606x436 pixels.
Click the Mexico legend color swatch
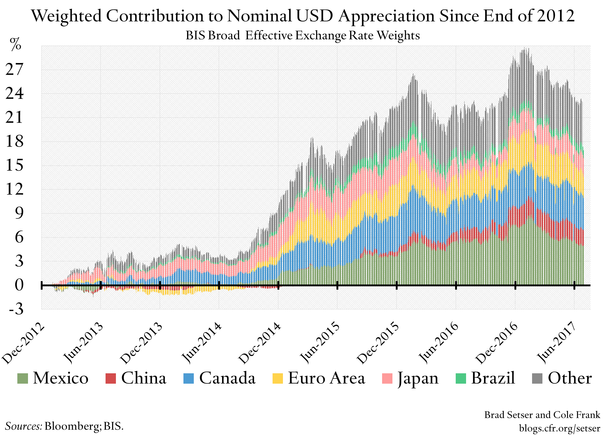23,378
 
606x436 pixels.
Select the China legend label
144,378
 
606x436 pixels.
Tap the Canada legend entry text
227,378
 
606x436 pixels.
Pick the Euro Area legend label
326,378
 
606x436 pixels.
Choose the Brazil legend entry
493,378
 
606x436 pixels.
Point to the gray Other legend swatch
537,378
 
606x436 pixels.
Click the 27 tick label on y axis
14,70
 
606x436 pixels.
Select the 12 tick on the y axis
14,190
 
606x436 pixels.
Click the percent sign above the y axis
16,45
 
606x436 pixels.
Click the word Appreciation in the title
386,16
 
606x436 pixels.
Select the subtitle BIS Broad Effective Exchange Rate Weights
303,36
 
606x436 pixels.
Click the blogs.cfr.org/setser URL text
559,428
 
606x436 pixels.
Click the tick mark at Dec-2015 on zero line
396,285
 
